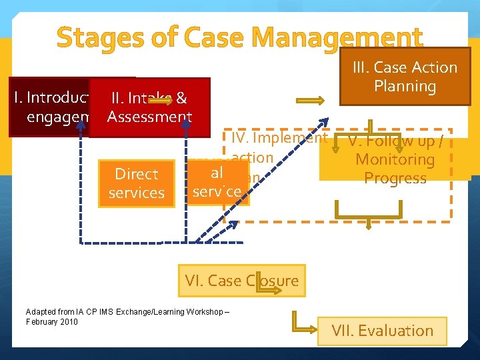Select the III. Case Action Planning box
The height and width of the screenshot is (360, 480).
pos(405,77)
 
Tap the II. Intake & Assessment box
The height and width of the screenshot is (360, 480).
pos(149,108)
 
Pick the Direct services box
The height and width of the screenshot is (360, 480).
pos(136,183)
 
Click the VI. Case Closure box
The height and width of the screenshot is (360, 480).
pos(242,281)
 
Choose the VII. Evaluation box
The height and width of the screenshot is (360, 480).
pos(382,331)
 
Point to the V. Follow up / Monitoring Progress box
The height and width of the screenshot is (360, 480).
pos(395,160)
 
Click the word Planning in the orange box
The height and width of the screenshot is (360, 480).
pos(405,86)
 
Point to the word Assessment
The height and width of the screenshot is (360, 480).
pos(149,117)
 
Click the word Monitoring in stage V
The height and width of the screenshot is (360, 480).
pos(395,160)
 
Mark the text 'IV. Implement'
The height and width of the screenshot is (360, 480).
pos(279,138)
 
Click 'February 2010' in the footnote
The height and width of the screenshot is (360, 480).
pos(51,322)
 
